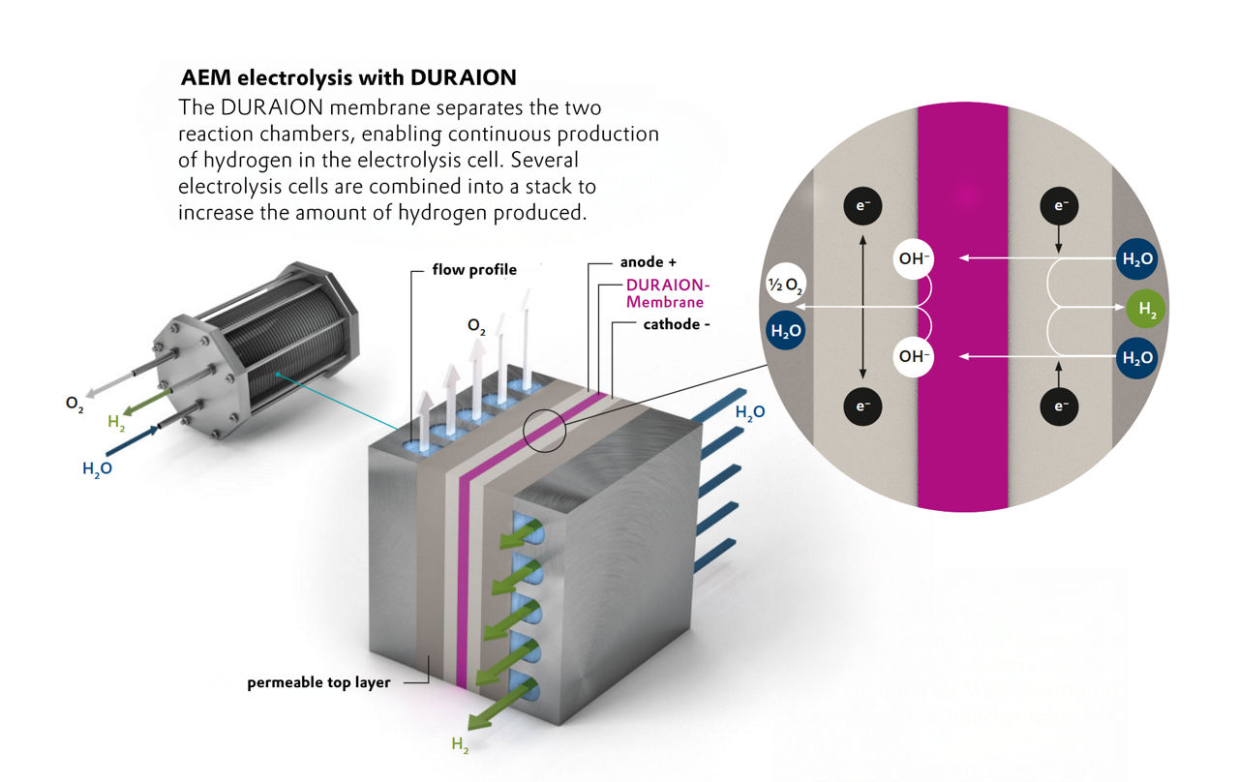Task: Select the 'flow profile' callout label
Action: [474, 270]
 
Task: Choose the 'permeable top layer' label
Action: [318, 682]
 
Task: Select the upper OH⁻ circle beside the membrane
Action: [914, 258]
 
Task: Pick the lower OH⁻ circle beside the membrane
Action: [914, 356]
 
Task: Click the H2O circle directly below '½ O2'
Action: [784, 330]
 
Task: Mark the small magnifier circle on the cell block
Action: [543, 431]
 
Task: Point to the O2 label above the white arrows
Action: [476, 328]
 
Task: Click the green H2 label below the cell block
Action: [462, 744]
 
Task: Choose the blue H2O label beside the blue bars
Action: [750, 412]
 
